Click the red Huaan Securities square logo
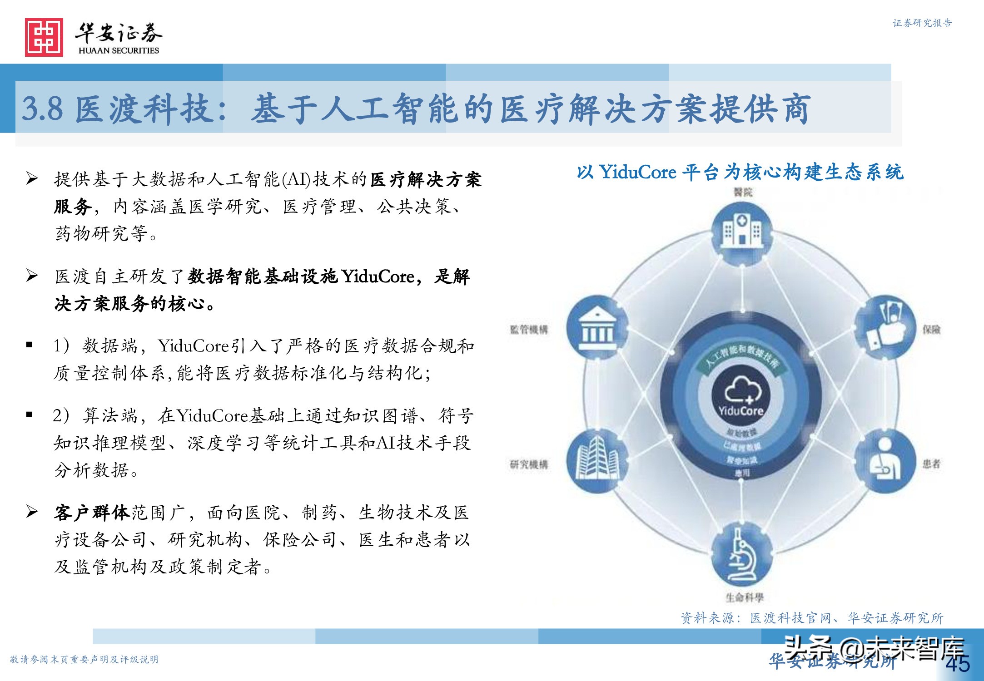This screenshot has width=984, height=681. pyautogui.click(x=44, y=37)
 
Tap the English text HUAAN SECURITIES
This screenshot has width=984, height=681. pyautogui.click(x=119, y=50)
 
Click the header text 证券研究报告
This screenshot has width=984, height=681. pyautogui.click(x=922, y=23)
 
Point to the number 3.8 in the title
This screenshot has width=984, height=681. pyautogui.click(x=43, y=109)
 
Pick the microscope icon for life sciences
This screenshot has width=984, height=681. pyautogui.click(x=742, y=557)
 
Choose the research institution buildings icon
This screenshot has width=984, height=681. pyautogui.click(x=598, y=461)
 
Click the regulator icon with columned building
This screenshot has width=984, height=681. pyautogui.click(x=598, y=328)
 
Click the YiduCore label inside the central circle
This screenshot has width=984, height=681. pyautogui.click(x=741, y=411)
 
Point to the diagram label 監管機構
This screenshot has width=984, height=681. pyautogui.click(x=529, y=330)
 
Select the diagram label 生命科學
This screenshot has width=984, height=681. pyautogui.click(x=745, y=597)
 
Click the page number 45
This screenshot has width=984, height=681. pyautogui.click(x=958, y=664)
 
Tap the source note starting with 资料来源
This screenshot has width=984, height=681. pyautogui.click(x=811, y=618)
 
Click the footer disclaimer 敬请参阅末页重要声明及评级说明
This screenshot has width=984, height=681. pyautogui.click(x=84, y=659)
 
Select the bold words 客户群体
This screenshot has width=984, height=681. pyautogui.click(x=92, y=513)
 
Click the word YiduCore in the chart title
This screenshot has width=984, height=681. pyautogui.click(x=638, y=173)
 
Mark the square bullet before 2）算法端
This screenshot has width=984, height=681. pyautogui.click(x=30, y=414)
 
